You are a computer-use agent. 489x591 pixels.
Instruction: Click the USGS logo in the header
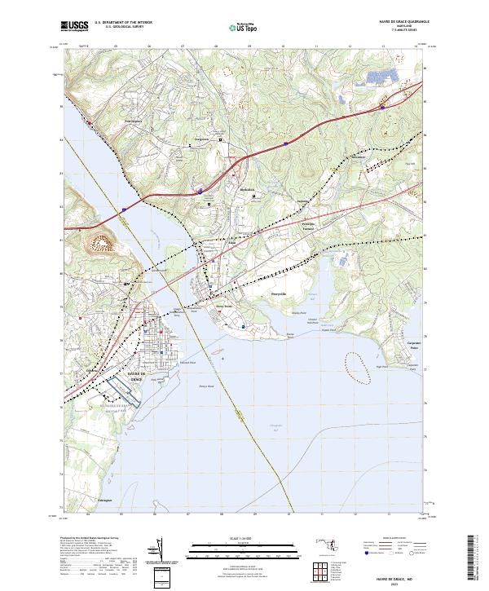click(x=74, y=26)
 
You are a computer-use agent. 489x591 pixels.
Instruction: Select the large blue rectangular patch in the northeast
click(x=377, y=79)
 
